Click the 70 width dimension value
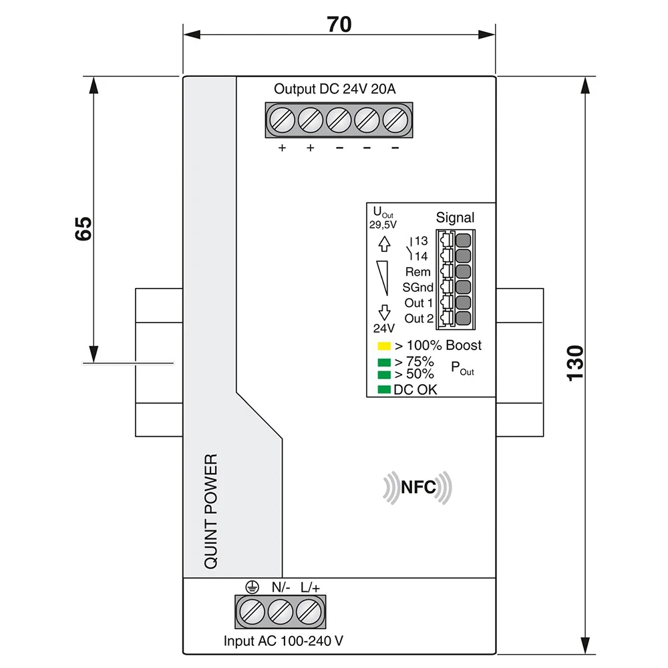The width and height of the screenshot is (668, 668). pos(339,24)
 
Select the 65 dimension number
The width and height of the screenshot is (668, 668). pos(82,228)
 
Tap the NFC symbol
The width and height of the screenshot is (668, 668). pos(417,488)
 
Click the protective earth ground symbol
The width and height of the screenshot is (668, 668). pos(251,587)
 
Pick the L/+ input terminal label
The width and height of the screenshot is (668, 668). pos(310,587)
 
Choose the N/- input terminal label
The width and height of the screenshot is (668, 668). pos(281,587)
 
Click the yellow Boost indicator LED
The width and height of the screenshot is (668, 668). pos(383,346)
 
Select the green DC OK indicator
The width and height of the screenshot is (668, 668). pos(383,389)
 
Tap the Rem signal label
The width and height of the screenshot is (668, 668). pos(418,272)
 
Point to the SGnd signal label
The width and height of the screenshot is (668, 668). pos(417,288)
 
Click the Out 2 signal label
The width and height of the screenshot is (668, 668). pos(419,319)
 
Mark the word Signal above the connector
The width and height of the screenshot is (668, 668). pos(455,217)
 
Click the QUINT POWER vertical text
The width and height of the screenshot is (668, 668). pos(210,511)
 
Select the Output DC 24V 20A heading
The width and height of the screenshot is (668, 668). pos(339,90)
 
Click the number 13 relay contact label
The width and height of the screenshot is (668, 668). pos(421,240)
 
